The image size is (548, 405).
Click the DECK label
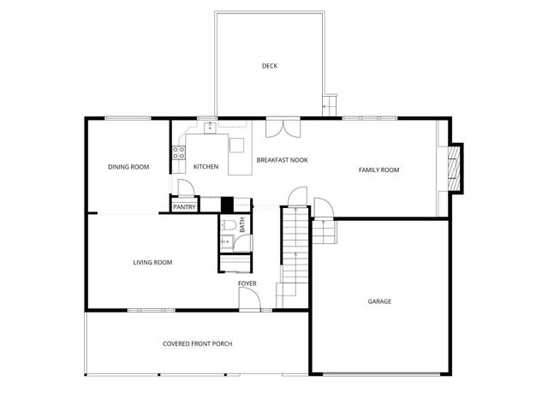click(x=270, y=66)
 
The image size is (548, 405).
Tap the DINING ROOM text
click(x=128, y=167)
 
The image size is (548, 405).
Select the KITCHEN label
click(x=205, y=167)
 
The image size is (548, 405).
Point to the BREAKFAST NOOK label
click(x=282, y=160)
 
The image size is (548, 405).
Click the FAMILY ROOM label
click(x=378, y=170)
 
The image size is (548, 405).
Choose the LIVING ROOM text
click(x=152, y=262)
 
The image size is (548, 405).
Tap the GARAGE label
click(x=379, y=301)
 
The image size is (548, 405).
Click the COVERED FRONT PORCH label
click(x=197, y=343)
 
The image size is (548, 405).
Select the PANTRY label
click(x=185, y=206)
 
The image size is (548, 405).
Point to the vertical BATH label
click(x=242, y=225)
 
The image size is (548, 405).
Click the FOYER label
click(x=247, y=283)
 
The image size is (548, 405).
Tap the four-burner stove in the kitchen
click(x=180, y=153)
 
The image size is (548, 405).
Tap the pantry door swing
click(x=182, y=188)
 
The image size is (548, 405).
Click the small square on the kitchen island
click(x=237, y=143)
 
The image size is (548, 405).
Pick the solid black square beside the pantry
click(x=227, y=205)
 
